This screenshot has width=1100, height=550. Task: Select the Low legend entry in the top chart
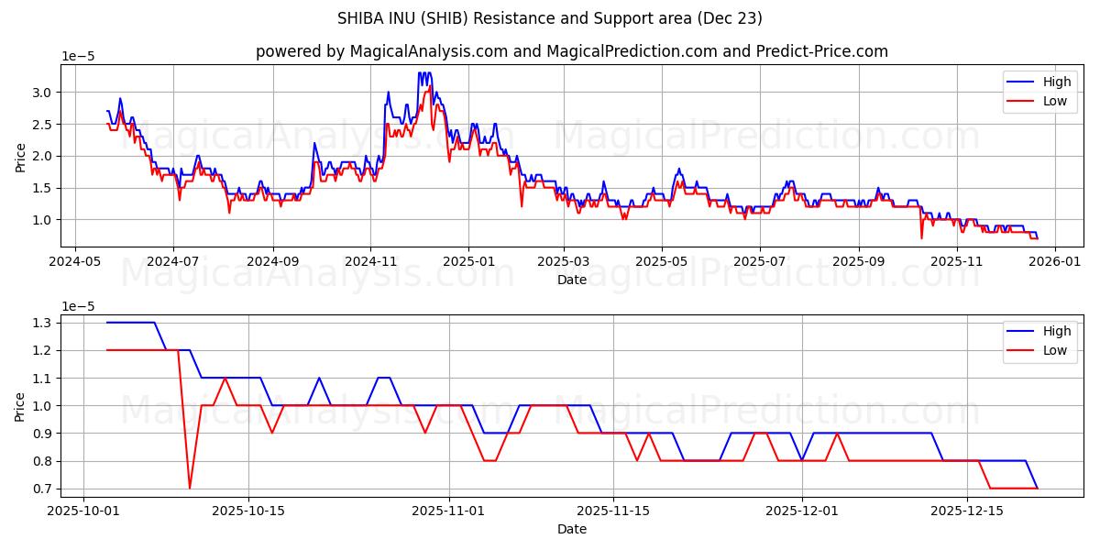pyautogui.click(x=1055, y=102)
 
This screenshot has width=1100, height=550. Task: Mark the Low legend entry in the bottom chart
pyautogui.click(x=1055, y=351)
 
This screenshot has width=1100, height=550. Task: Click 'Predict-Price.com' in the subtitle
pyautogui.click(x=823, y=51)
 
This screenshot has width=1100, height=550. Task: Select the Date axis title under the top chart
pyautogui.click(x=572, y=280)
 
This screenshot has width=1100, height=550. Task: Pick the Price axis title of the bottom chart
pyautogui.click(x=20, y=406)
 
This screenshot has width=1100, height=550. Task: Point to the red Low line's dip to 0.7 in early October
pyautogui.click(x=190, y=488)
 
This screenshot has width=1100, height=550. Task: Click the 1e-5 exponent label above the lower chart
pyautogui.click(x=78, y=306)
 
